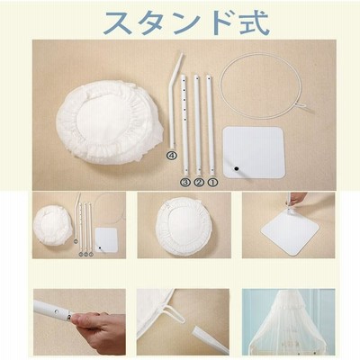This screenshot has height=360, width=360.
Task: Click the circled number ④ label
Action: (x=172, y=155)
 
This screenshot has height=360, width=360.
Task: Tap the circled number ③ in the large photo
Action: (x=185, y=182)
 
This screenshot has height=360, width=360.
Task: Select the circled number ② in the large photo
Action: (x=199, y=182)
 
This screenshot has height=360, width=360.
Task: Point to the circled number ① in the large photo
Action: (x=212, y=182)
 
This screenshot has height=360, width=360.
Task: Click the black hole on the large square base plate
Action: (x=236, y=169)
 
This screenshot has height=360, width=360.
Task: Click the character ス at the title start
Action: (x=119, y=23)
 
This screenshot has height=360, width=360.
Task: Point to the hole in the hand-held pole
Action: (x=56, y=312)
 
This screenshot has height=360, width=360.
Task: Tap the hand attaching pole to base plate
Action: (x=297, y=198)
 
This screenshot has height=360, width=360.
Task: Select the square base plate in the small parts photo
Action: (x=106, y=240)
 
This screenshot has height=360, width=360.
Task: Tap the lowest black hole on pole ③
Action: (x=186, y=172)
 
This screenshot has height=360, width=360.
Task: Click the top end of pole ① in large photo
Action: (x=208, y=77)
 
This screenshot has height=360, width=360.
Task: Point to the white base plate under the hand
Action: (x=290, y=231)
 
